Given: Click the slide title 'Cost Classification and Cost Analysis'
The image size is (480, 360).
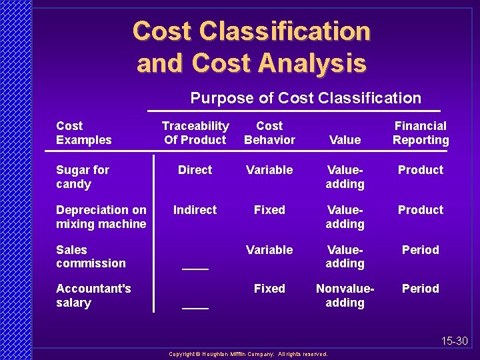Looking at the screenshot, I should [x=251, y=47].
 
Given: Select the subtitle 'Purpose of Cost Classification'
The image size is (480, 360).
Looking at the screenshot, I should [x=305, y=98].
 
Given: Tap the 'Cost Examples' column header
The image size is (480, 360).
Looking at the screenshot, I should [x=84, y=133].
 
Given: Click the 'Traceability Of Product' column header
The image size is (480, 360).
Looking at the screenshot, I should [x=195, y=133].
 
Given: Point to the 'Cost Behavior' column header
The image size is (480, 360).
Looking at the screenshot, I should [x=269, y=133].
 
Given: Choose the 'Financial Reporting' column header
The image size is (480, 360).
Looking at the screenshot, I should [x=421, y=133].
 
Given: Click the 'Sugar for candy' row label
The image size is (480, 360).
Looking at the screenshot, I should [x=83, y=177].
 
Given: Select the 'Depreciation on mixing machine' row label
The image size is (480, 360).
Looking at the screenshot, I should [x=101, y=217].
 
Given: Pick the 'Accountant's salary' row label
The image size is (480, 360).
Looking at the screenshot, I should [x=93, y=295].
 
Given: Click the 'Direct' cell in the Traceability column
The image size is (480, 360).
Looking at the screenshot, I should [x=195, y=170].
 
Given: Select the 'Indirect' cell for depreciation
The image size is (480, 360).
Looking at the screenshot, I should [x=195, y=210].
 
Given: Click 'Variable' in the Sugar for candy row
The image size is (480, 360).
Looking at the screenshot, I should [x=269, y=170].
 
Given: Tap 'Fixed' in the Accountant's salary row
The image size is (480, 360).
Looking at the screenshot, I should [x=269, y=289].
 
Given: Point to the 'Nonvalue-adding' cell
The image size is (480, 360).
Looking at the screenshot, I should [x=345, y=295].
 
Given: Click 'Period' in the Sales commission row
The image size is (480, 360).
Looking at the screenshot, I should [x=421, y=250].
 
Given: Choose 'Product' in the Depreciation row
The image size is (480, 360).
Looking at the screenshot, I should [x=421, y=210].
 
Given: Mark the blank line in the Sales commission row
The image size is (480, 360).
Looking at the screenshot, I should [x=195, y=267].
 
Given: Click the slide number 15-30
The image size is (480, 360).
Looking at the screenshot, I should [x=455, y=341].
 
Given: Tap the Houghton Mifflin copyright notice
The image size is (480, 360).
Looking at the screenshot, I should [x=248, y=354].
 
